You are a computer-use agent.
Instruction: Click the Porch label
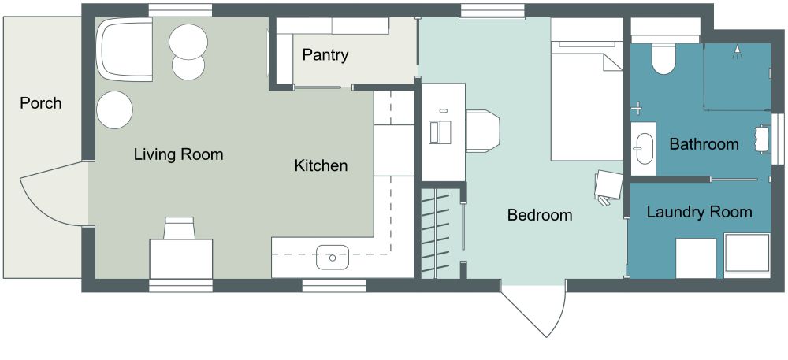click(x=40, y=103)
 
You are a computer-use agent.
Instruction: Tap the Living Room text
click(x=178, y=154)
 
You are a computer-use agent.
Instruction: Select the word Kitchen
click(x=321, y=166)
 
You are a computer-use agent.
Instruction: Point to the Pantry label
click(x=325, y=56)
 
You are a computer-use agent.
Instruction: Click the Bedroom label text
click(x=539, y=215)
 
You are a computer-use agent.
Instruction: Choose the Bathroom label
click(x=704, y=144)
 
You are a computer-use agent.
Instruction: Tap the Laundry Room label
click(x=699, y=212)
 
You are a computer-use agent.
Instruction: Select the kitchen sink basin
click(x=333, y=254)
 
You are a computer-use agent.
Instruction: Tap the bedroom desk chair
click(x=483, y=131)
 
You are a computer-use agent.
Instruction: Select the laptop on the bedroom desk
click(x=439, y=131)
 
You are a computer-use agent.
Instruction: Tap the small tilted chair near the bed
click(x=608, y=187)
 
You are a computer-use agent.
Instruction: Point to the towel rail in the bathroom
click(x=762, y=138)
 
